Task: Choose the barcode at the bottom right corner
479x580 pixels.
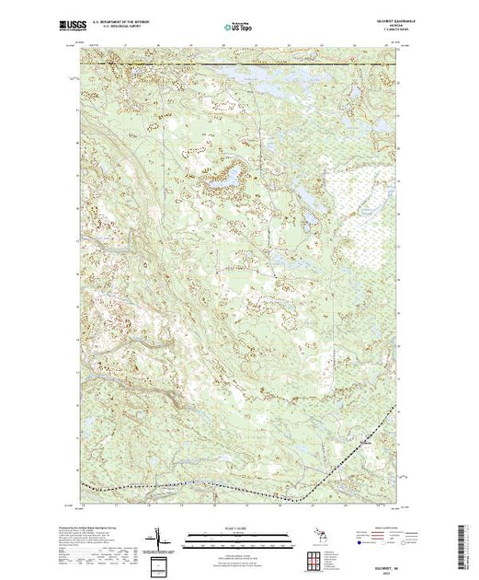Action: pos(469,543)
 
